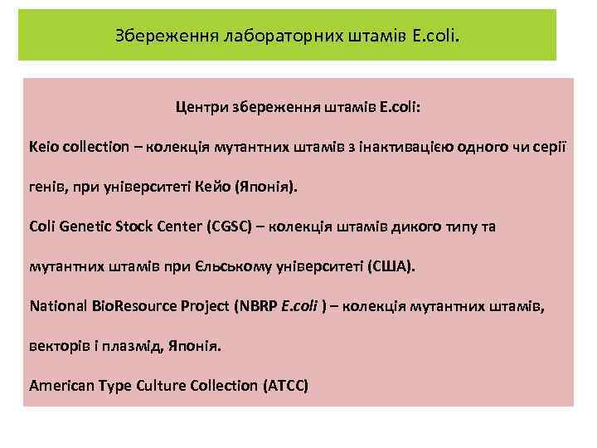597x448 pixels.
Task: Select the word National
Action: (x=57, y=306)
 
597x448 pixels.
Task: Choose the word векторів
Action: (x=59, y=346)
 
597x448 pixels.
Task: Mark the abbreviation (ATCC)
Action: (x=285, y=386)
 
